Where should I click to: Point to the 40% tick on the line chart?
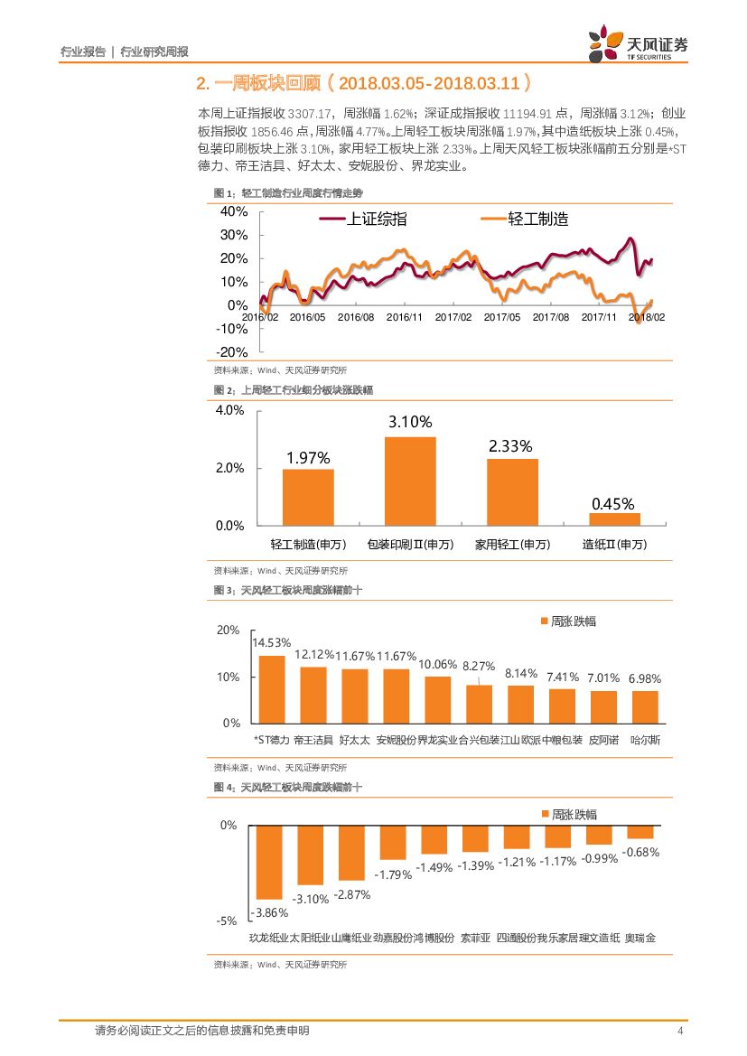point(234,211)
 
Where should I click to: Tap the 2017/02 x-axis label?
point(453,317)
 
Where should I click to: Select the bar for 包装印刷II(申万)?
point(410,481)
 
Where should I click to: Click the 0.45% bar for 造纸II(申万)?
point(614,519)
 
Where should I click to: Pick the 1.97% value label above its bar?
point(308,458)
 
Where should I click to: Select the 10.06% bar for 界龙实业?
point(437,700)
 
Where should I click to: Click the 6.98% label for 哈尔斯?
point(645,678)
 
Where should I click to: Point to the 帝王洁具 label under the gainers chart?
point(313,741)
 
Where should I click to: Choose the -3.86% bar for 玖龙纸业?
point(269,862)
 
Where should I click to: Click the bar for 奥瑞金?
point(640,832)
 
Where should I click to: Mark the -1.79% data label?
point(393,874)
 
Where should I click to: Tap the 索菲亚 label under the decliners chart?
point(475,938)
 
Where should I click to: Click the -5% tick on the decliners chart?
point(228,921)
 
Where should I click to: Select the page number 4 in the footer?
point(680,1032)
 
